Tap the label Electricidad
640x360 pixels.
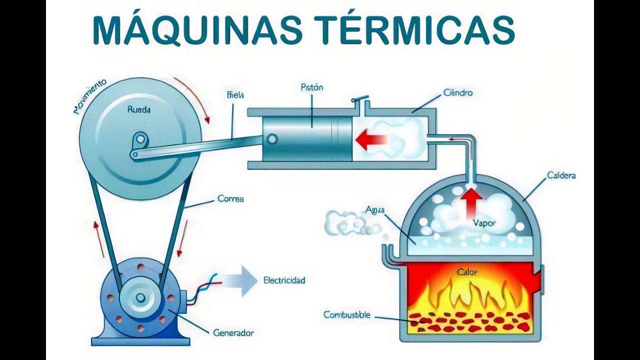pyautogui.click(x=284, y=280)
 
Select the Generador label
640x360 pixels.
pyautogui.click(x=233, y=332)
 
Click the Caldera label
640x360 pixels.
pyautogui.click(x=561, y=175)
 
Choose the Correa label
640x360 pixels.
pyautogui.click(x=230, y=198)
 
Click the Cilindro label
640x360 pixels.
pyautogui.click(x=457, y=92)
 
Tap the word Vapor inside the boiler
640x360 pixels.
pyautogui.click(x=484, y=223)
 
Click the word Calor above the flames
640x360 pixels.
pyautogui.click(x=467, y=272)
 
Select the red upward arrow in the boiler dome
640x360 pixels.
pyautogui.click(x=470, y=202)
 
